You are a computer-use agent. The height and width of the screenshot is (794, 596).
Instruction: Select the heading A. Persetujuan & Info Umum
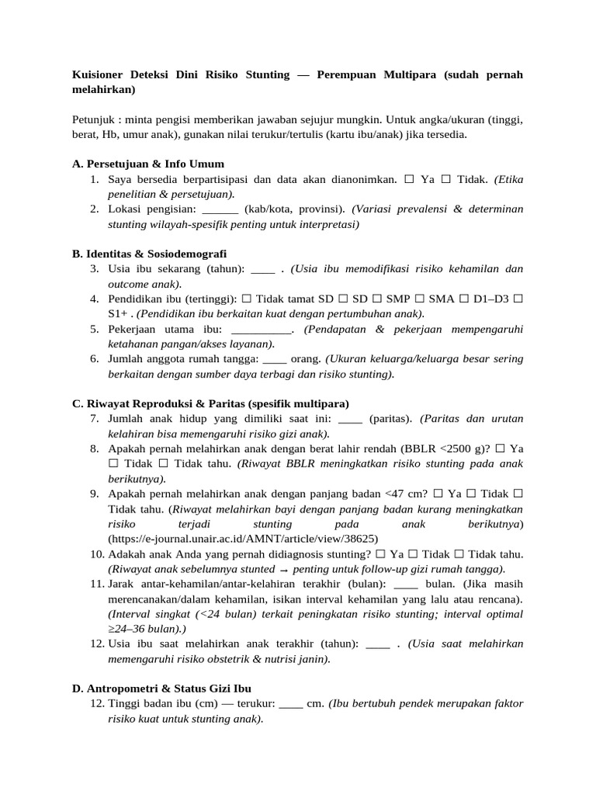click(147, 164)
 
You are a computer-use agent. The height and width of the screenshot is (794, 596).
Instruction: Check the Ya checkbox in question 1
click(409, 179)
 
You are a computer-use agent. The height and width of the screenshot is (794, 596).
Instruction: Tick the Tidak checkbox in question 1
click(446, 179)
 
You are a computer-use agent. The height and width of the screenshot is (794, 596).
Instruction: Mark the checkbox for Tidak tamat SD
click(246, 299)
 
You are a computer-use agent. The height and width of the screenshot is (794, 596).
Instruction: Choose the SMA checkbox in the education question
click(421, 299)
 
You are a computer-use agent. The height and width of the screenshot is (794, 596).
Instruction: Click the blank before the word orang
click(275, 359)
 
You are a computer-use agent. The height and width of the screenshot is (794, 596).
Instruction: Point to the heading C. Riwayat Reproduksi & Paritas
click(210, 403)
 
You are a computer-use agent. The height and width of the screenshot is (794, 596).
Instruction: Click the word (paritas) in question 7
click(392, 419)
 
